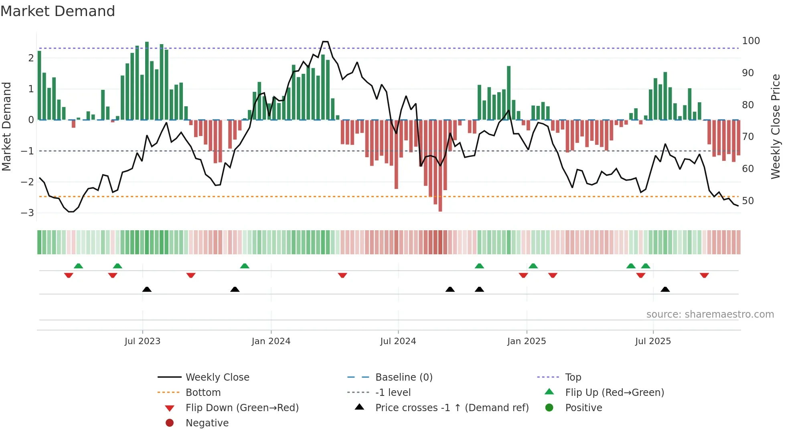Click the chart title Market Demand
click(58, 11)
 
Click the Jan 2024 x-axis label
click(271, 341)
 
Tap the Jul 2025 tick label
click(652, 341)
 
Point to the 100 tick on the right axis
click(751, 41)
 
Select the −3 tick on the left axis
click(27, 213)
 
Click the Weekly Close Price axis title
click(776, 126)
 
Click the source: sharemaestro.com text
click(710, 314)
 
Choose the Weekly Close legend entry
click(217, 377)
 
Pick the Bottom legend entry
click(203, 392)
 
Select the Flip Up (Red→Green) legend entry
click(614, 392)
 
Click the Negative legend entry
click(207, 423)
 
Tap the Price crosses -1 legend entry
click(452, 408)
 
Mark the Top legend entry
click(573, 377)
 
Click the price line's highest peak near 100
click(325, 42)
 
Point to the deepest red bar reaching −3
click(440, 207)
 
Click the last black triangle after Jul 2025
click(665, 289)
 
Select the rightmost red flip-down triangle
click(704, 275)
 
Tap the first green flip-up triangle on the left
click(79, 266)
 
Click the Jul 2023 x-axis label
click(142, 341)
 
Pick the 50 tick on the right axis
click(748, 201)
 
